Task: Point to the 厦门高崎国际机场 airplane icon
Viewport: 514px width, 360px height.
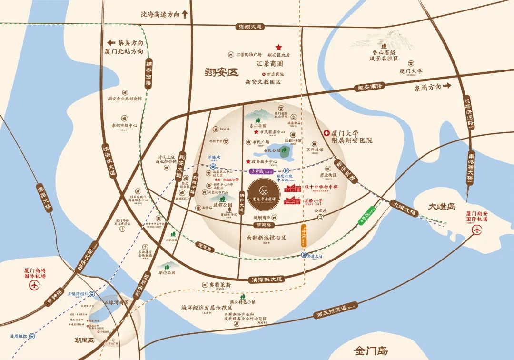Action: [x=34, y=286]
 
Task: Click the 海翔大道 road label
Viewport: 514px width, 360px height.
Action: [x=250, y=27]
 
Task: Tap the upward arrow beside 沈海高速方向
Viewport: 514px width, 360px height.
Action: [x=185, y=14]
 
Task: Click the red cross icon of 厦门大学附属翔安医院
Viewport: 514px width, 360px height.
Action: [x=326, y=134]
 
